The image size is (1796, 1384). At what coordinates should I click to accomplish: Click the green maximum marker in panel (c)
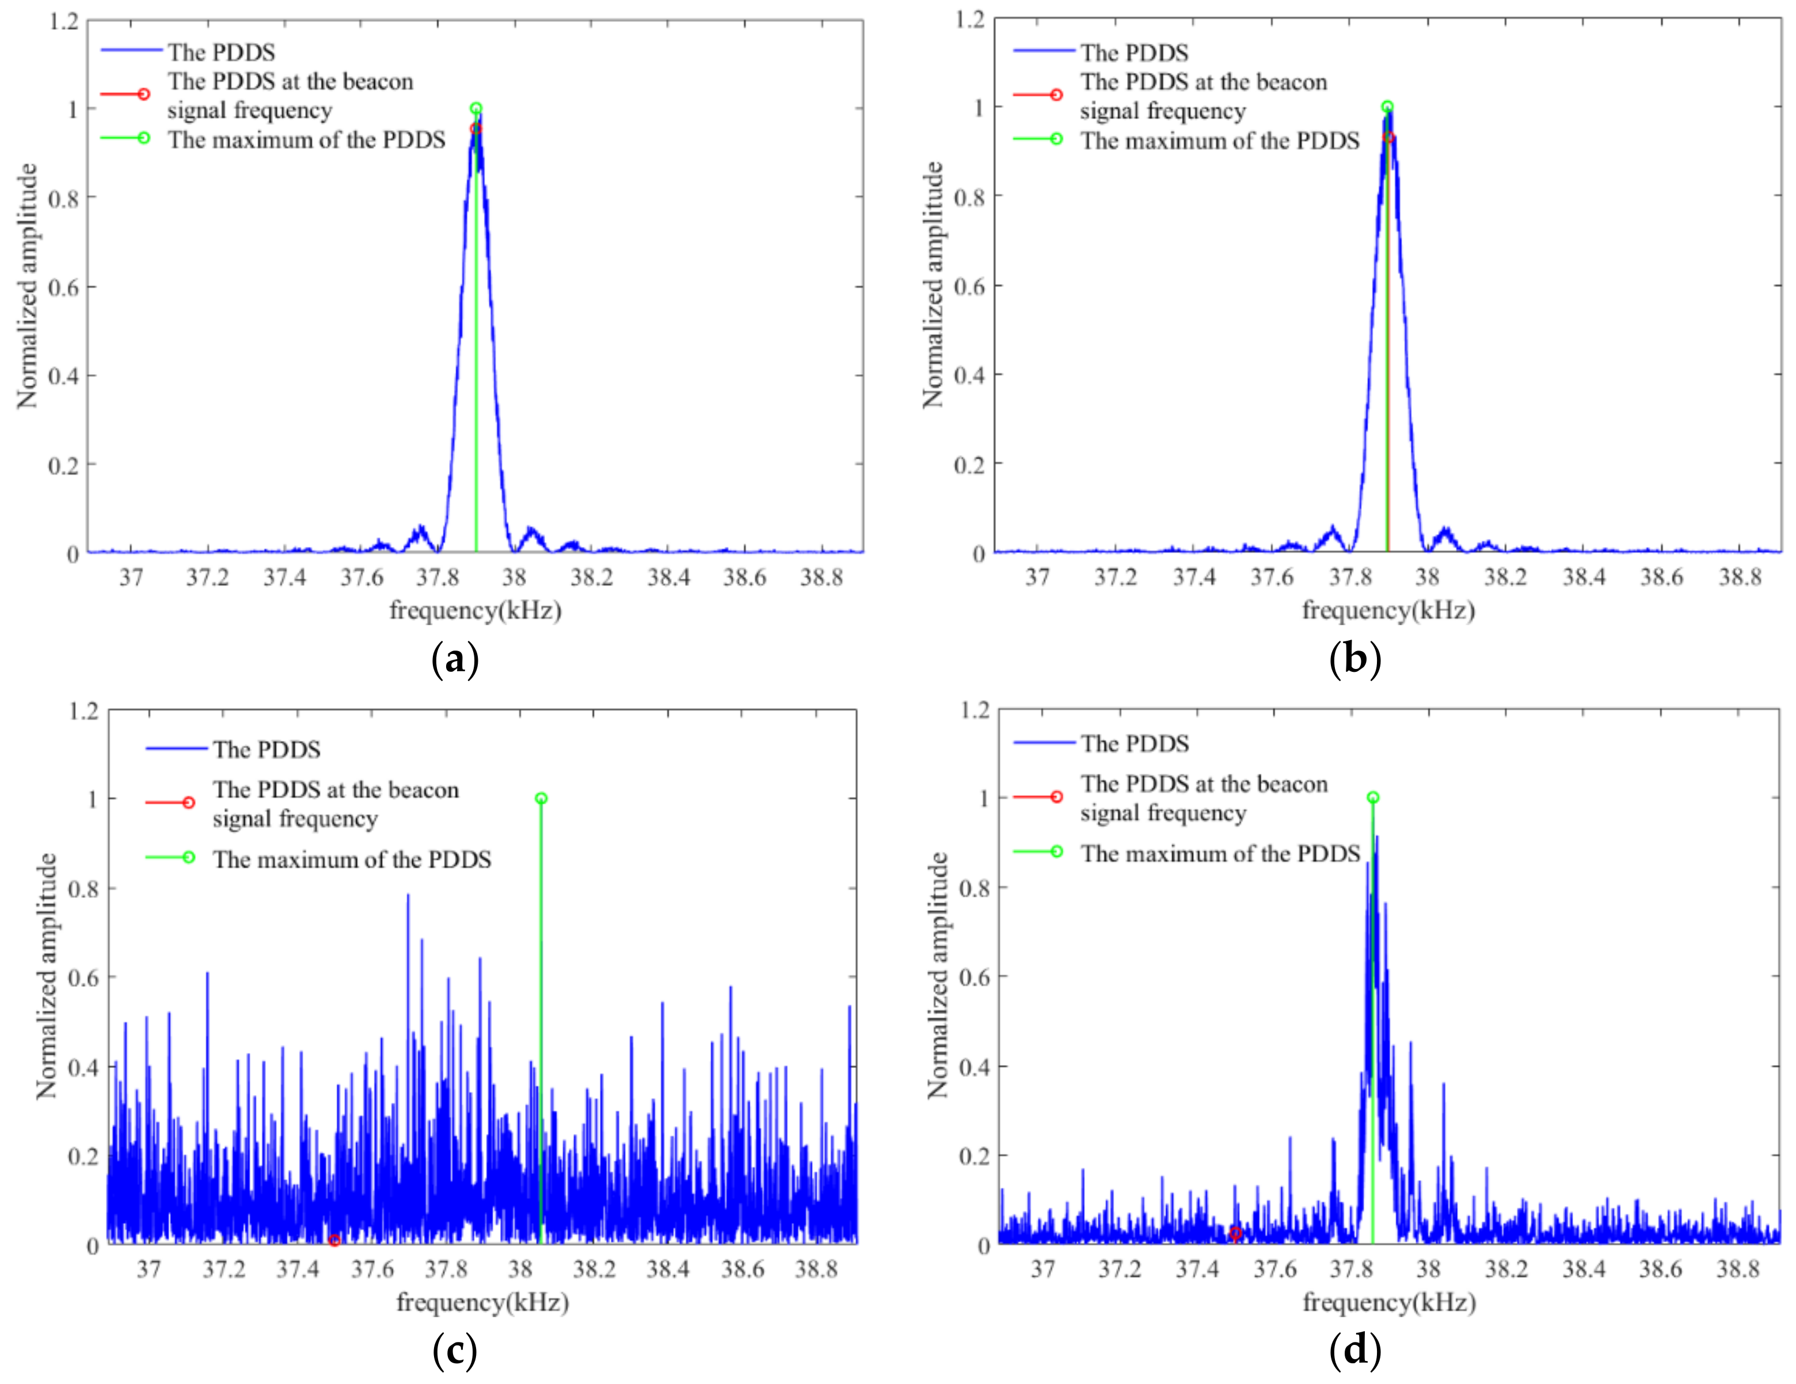pos(541,799)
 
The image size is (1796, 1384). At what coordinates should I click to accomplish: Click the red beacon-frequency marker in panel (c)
pos(334,1240)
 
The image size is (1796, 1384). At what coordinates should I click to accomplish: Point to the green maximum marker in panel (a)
pos(476,109)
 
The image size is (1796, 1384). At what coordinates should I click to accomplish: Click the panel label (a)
pos(455,660)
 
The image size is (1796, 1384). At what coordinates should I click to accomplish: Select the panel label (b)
pos(1354,660)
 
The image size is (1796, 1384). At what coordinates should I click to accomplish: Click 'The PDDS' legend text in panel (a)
pos(222,52)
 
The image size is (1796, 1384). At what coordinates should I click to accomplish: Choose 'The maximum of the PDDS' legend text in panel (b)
pos(1220,142)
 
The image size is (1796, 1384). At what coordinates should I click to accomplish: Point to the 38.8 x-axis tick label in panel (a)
pos(821,578)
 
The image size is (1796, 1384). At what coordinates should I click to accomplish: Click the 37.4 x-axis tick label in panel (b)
pos(1193,578)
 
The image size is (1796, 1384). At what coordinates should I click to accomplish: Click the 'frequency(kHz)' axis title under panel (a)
pos(475,611)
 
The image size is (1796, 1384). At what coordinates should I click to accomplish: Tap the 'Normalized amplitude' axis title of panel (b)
pos(933,286)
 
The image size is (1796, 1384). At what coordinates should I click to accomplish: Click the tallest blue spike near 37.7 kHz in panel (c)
pos(408,896)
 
